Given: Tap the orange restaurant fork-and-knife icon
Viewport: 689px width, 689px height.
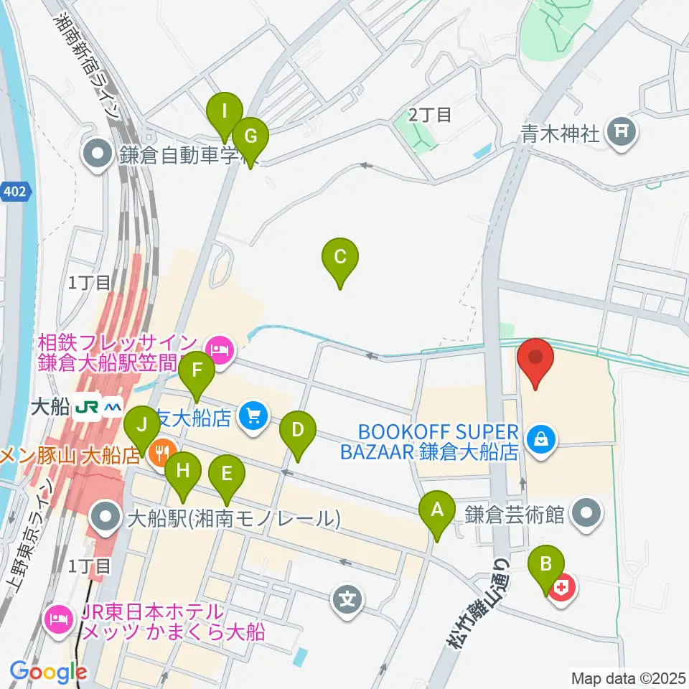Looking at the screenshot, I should pyautogui.click(x=163, y=454).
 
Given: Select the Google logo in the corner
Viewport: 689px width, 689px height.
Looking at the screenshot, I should pyautogui.click(x=48, y=672).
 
